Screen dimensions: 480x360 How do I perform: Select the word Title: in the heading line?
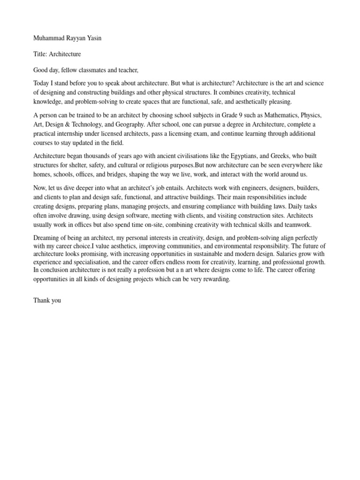[x=41, y=54]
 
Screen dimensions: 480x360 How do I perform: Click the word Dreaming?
[x=48, y=237]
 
